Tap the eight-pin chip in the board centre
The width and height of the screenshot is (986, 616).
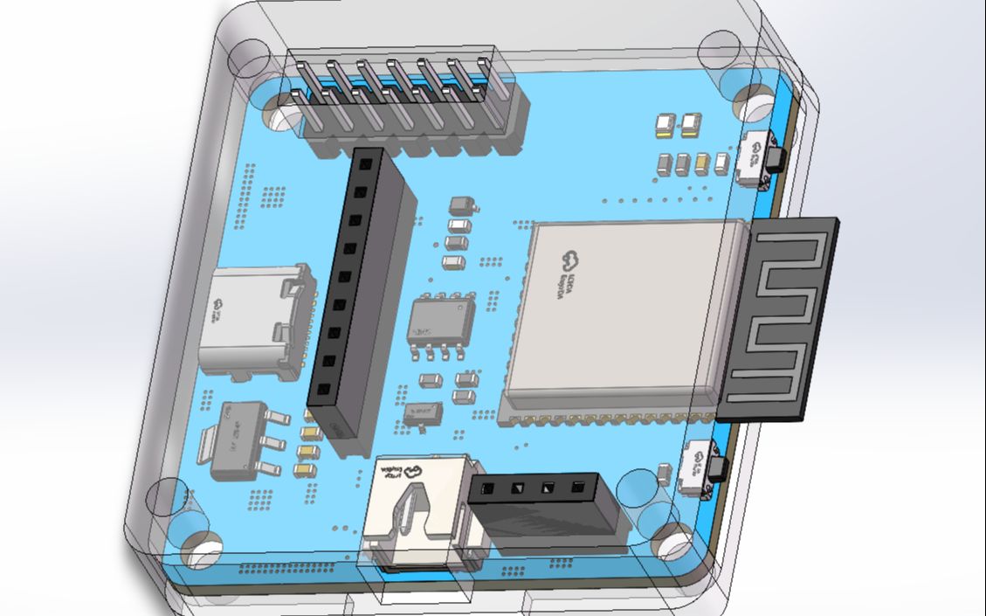pos(441,323)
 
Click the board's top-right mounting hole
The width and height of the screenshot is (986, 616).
pos(752,100)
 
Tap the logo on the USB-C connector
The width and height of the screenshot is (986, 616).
pos(217,305)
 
